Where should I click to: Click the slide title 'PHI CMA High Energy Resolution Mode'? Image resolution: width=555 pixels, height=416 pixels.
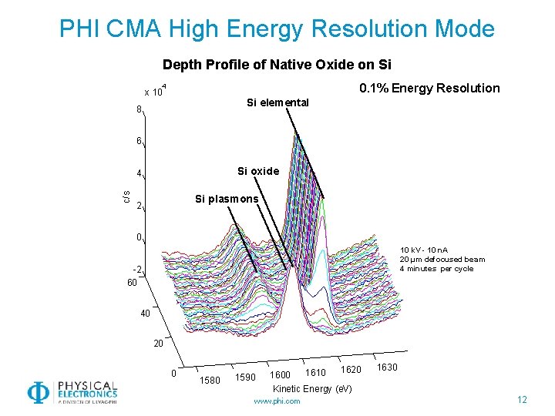click(277, 29)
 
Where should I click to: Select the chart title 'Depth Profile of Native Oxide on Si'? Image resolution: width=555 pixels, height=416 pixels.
click(277, 65)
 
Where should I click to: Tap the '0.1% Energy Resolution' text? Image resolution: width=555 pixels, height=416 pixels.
click(429, 88)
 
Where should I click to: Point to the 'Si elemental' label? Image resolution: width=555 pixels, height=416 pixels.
click(277, 102)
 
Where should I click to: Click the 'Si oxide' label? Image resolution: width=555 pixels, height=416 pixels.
click(257, 171)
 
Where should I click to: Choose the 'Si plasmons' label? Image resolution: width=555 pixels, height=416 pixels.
click(227, 199)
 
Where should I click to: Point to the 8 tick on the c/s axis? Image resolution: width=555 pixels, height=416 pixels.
click(139, 109)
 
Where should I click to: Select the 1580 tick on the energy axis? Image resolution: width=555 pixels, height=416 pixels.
click(210, 380)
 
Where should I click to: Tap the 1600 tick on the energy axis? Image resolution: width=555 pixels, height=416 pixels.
click(280, 375)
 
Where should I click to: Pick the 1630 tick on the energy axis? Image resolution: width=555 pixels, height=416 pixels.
click(387, 367)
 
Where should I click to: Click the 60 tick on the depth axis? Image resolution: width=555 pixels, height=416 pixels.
click(132, 283)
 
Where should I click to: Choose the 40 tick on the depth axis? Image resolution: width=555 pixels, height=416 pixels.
click(146, 314)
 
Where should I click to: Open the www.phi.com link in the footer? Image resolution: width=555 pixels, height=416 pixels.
click(277, 401)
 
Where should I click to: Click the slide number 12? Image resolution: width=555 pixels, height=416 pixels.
click(522, 398)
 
